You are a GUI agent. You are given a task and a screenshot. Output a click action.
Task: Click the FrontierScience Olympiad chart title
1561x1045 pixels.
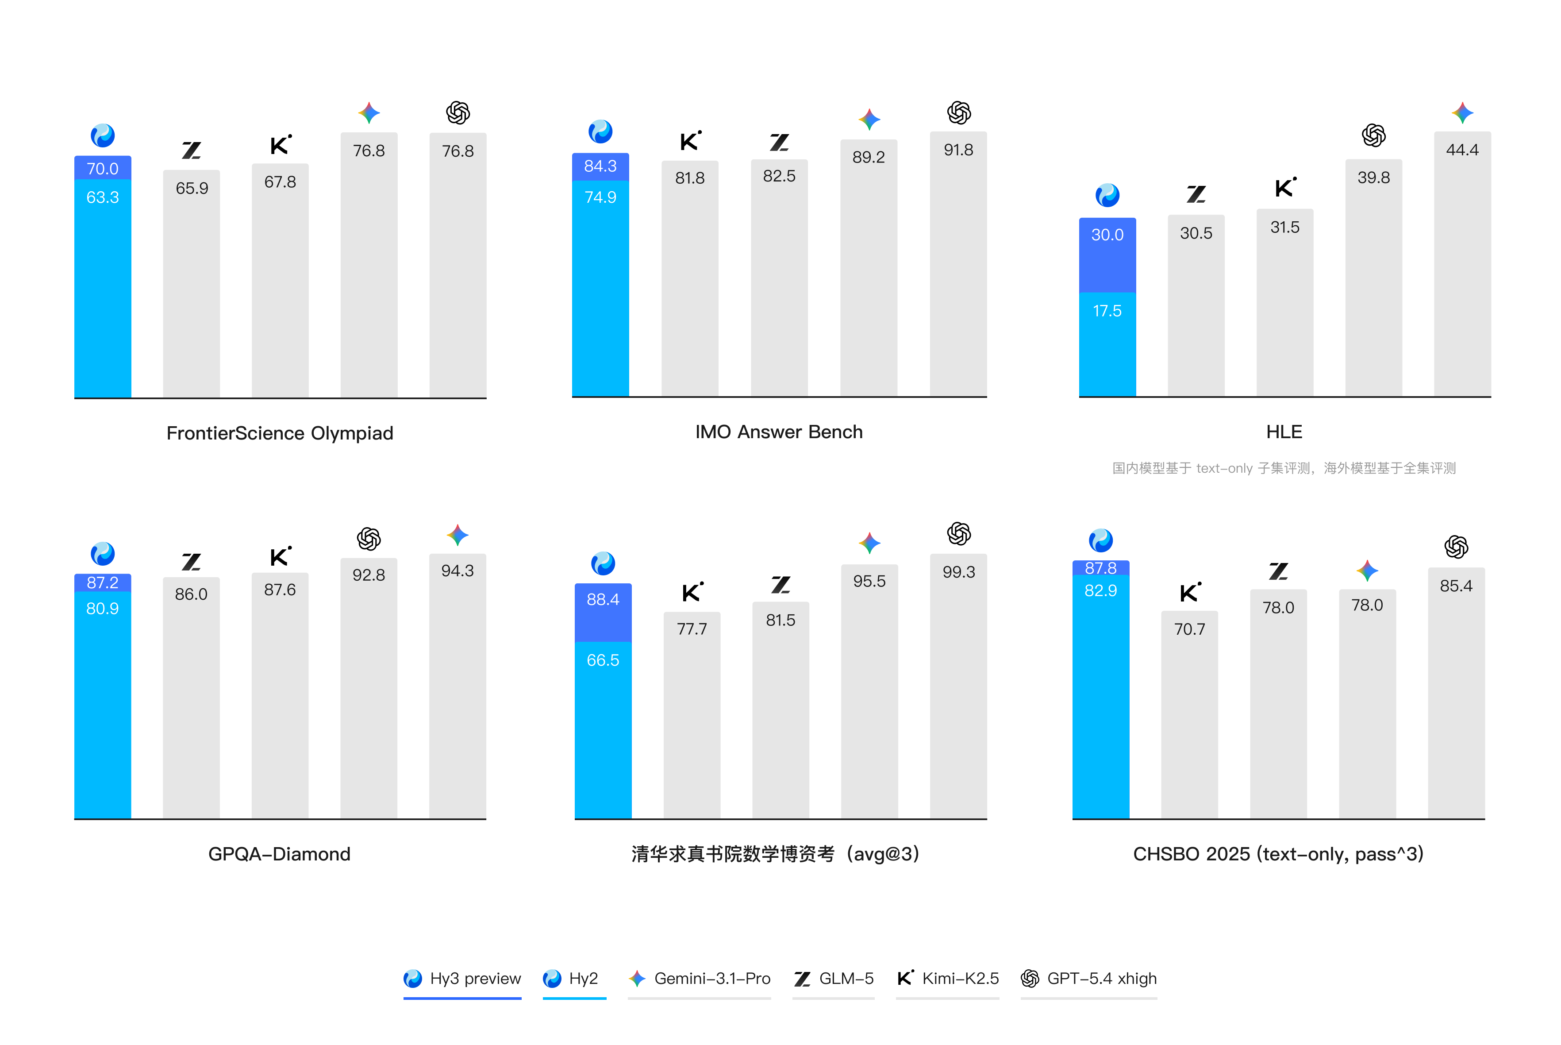coord(280,433)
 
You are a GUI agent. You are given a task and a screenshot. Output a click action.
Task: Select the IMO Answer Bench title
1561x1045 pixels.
coord(779,432)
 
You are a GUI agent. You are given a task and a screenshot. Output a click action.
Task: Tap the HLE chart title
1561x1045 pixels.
coord(1284,432)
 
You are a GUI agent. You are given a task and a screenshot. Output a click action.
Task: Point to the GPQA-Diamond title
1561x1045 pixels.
coord(279,854)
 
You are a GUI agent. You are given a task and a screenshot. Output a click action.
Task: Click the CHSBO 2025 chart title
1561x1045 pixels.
coord(1278,854)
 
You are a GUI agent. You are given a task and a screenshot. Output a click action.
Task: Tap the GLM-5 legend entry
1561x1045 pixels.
coord(834,978)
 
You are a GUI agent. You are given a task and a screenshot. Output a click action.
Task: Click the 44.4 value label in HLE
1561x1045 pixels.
coord(1462,150)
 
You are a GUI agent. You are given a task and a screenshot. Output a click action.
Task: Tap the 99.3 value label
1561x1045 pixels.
coord(958,572)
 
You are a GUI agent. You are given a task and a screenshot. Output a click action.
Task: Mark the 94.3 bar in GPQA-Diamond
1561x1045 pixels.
coord(457,693)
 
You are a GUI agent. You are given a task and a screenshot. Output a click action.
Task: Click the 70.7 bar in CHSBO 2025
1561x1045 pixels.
coord(1189,720)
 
